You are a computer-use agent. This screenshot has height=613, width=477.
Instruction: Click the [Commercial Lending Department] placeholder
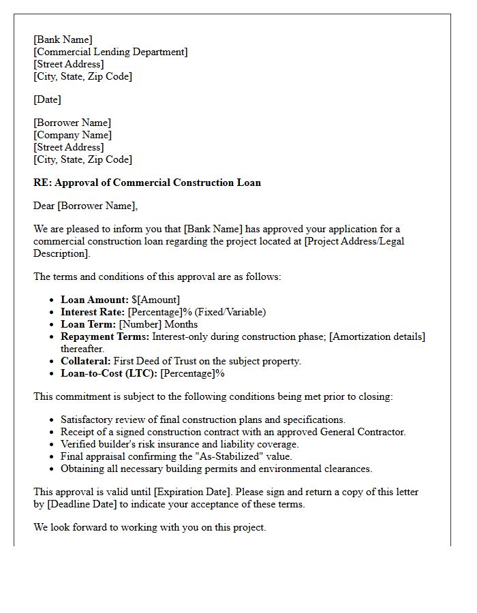pos(110,52)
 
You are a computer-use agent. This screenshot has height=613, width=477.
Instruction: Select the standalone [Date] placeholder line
pos(47,99)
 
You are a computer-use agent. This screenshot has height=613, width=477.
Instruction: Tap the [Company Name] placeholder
pos(74,135)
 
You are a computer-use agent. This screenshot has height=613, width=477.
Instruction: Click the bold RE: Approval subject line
pos(147,183)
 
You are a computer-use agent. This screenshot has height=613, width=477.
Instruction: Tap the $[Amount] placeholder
pos(156,300)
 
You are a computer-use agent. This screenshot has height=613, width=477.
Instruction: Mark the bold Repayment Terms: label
pos(105,336)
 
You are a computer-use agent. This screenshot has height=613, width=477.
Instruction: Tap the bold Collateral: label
pos(85,361)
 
